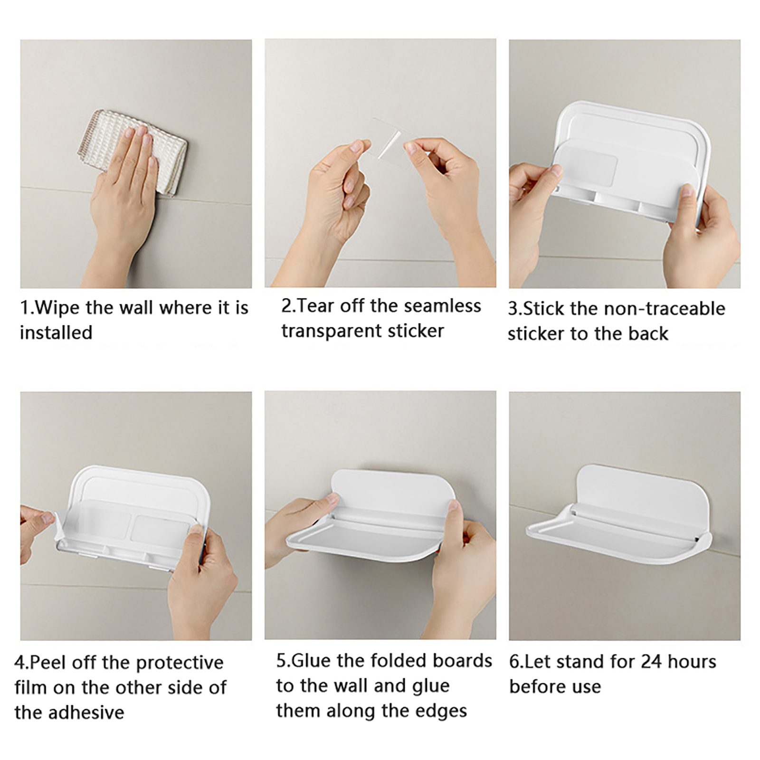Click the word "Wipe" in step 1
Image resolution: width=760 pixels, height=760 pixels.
[x=57, y=308]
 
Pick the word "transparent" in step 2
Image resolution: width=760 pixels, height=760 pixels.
[x=332, y=331]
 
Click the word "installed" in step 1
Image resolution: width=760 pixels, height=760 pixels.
[x=56, y=332]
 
